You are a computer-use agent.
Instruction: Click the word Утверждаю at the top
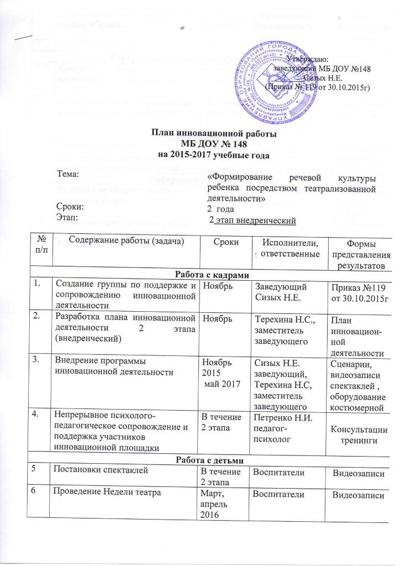point(307,59)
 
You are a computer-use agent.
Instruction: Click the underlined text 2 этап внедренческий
point(256,222)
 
